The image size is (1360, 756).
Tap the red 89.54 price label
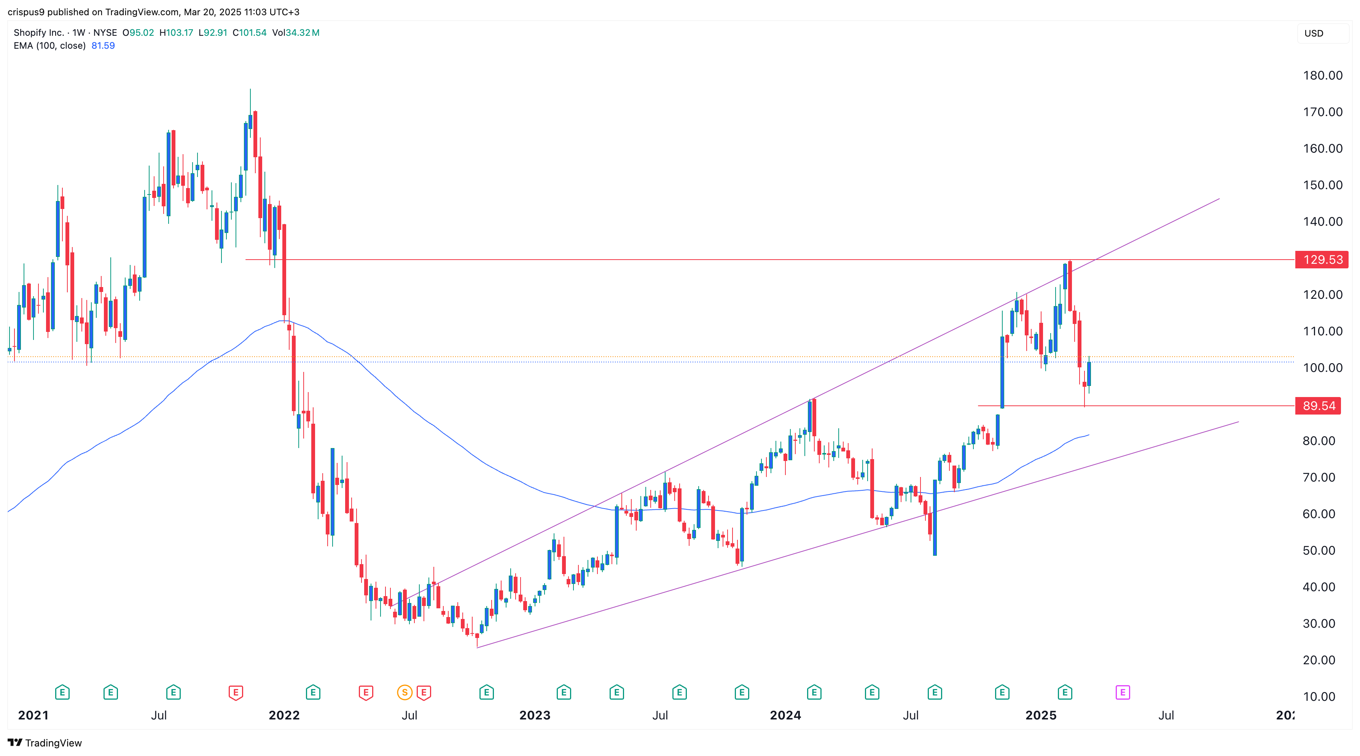[x=1318, y=406]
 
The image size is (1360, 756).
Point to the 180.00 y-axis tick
[x=1322, y=75]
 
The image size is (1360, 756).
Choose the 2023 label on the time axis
[x=534, y=715]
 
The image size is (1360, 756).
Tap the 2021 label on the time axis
[x=33, y=715]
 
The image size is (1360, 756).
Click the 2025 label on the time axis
[x=1041, y=715]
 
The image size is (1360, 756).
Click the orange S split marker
[x=404, y=692]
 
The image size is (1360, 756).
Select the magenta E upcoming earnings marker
[x=1123, y=692]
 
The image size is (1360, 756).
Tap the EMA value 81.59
[x=103, y=45]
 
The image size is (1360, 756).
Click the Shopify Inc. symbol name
[x=38, y=33]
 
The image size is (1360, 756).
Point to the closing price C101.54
[x=249, y=33]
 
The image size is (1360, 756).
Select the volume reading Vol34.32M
[x=296, y=33]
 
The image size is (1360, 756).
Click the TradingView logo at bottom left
[x=45, y=743]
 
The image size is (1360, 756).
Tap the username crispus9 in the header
[x=26, y=12]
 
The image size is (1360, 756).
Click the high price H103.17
[x=176, y=33]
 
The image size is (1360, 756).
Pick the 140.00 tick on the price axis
[x=1322, y=222]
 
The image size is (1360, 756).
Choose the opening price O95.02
[x=139, y=33]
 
